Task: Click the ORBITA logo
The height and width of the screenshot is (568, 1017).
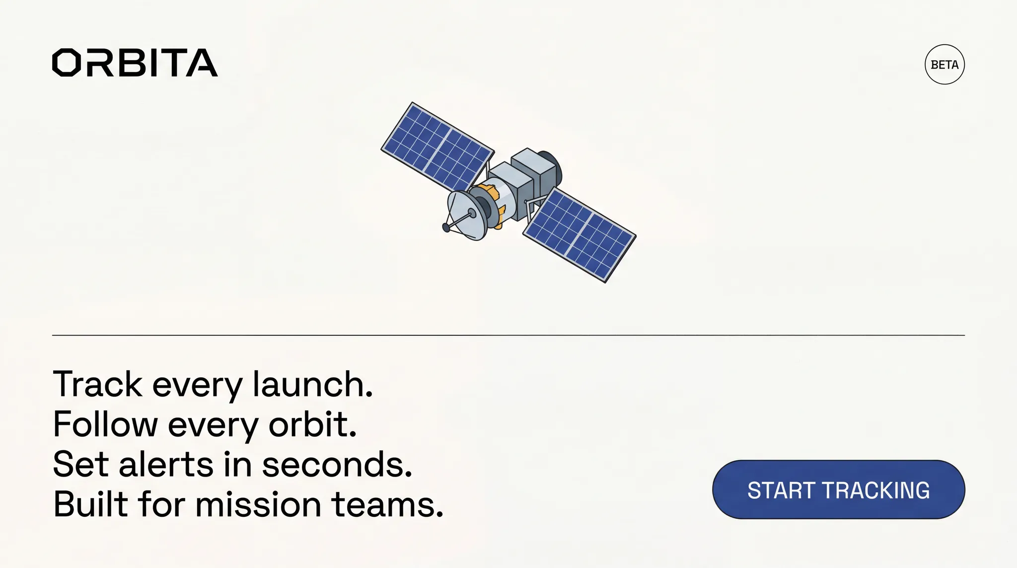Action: click(x=135, y=63)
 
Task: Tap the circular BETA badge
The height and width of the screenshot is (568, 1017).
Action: click(x=944, y=65)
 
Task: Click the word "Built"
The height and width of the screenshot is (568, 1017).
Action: click(x=91, y=504)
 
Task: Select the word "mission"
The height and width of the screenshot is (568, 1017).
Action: click(x=258, y=504)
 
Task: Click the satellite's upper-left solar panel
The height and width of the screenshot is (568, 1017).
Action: click(x=437, y=146)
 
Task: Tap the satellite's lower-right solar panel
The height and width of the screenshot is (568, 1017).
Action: click(x=579, y=235)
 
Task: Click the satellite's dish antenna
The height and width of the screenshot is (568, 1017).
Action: click(x=467, y=215)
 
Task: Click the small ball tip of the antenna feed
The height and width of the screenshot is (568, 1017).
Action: click(x=446, y=228)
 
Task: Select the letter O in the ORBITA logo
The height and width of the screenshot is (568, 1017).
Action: click(x=67, y=63)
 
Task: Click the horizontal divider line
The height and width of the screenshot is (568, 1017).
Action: click(x=508, y=335)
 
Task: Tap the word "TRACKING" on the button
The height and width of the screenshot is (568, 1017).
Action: click(x=876, y=490)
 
